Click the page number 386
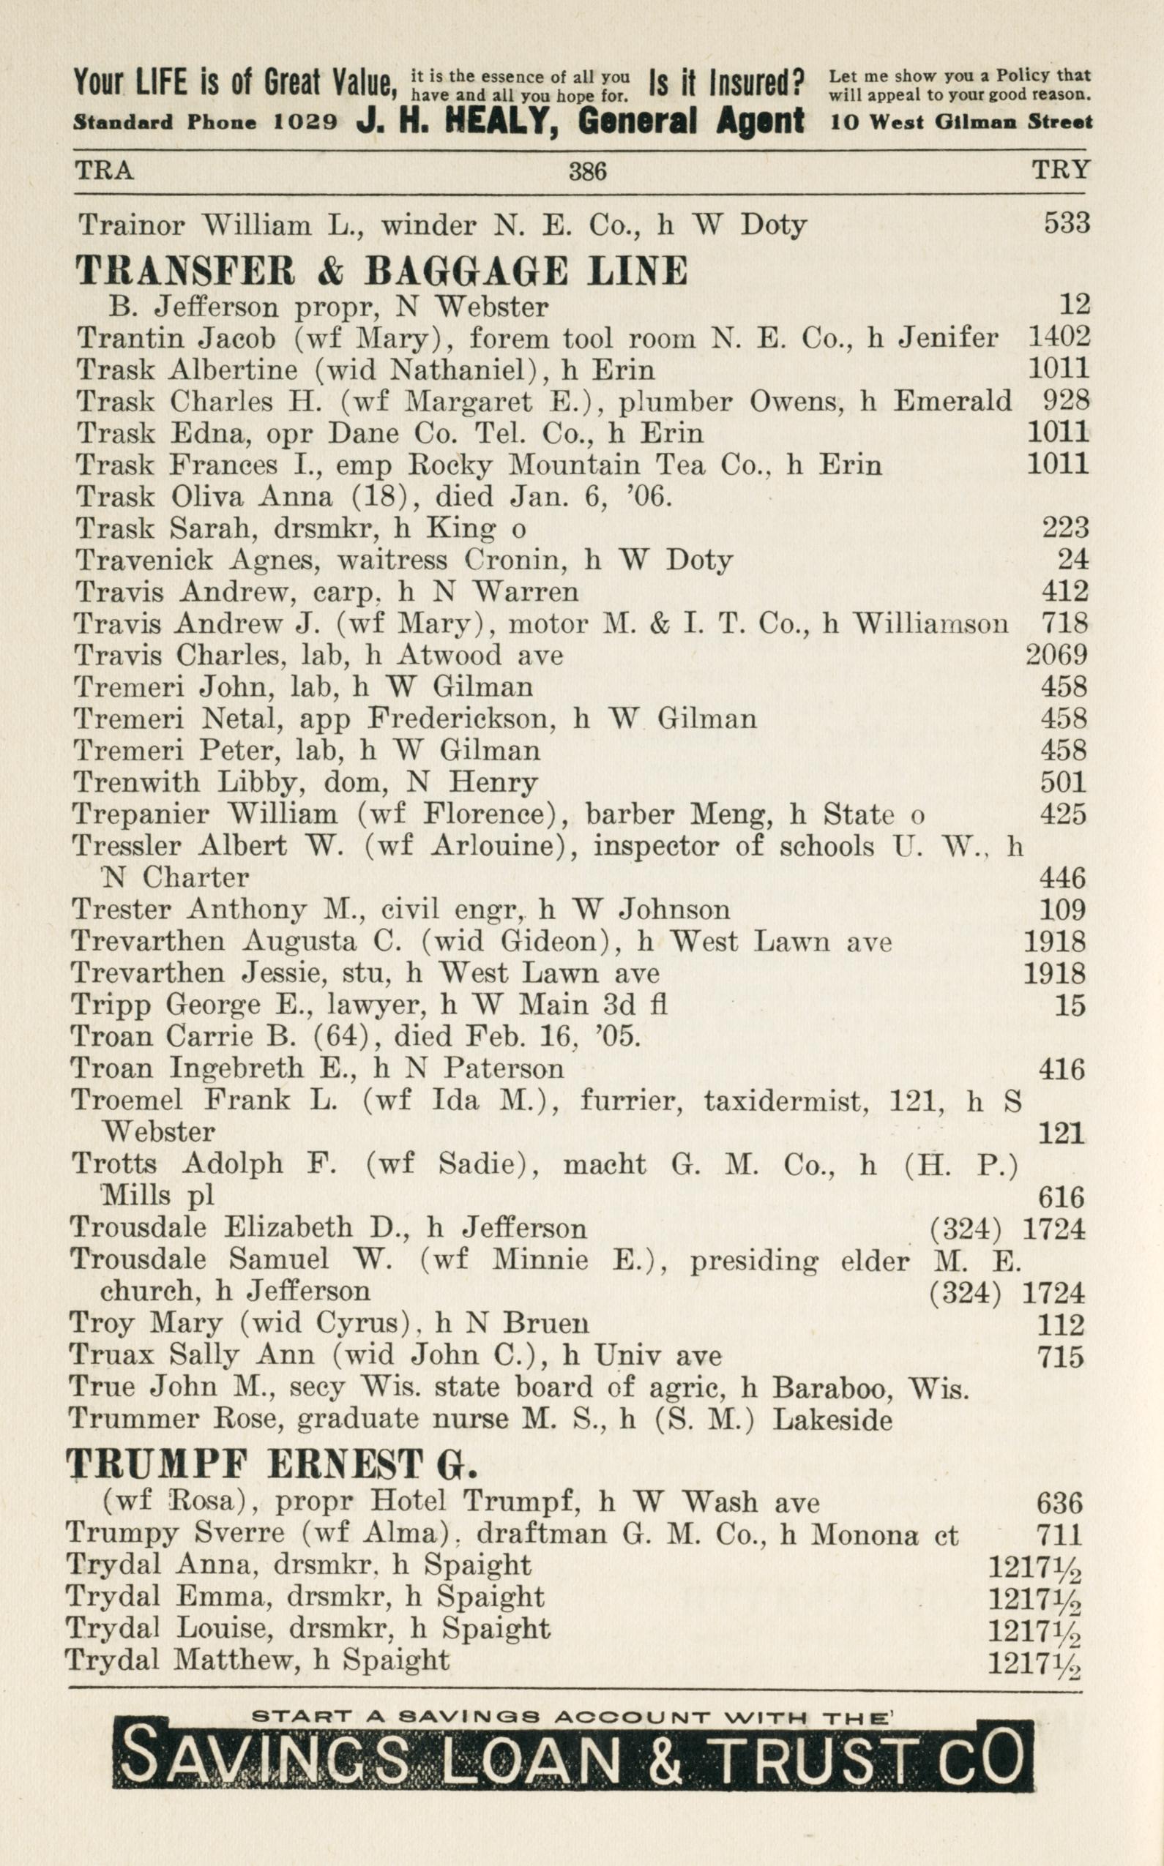pyautogui.click(x=587, y=171)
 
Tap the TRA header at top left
pyautogui.click(x=104, y=170)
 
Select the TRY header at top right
pyautogui.click(x=1060, y=170)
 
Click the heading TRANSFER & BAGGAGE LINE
pyautogui.click(x=381, y=271)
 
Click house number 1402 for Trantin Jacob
pyautogui.click(x=1059, y=337)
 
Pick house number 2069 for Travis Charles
pyautogui.click(x=1056, y=655)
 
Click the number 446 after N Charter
pyautogui.click(x=1062, y=878)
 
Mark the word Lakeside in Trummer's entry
pyautogui.click(x=832, y=1419)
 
